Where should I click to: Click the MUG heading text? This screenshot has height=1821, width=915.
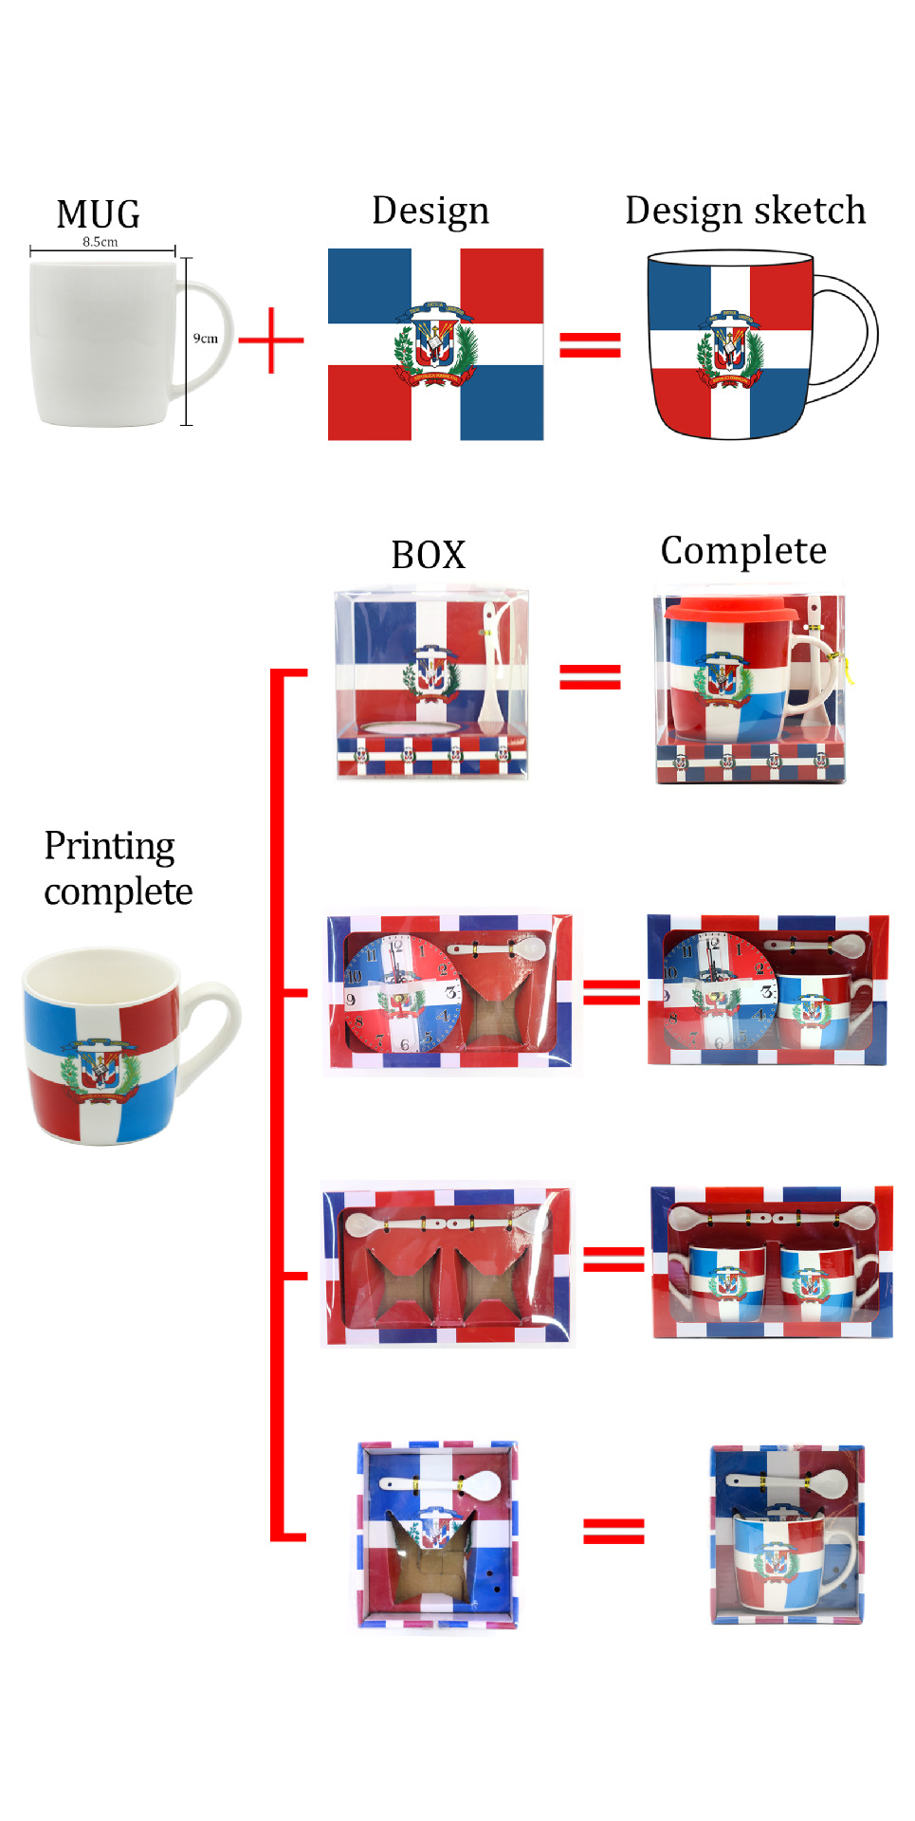pyautogui.click(x=99, y=214)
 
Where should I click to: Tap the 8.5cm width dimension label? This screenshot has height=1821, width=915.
pyautogui.click(x=101, y=242)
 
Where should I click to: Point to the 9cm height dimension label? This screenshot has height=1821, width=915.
pyautogui.click(x=206, y=339)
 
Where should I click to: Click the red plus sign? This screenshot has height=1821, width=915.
pyautogui.click(x=271, y=340)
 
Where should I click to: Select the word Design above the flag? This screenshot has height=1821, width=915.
pyautogui.click(x=430, y=211)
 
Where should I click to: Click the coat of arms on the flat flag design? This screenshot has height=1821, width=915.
pyautogui.click(x=435, y=344)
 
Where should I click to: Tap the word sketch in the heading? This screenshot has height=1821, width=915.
pyautogui.click(x=811, y=211)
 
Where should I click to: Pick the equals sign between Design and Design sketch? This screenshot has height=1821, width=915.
pyautogui.click(x=590, y=344)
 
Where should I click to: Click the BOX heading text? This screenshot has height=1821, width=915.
pyautogui.click(x=429, y=555)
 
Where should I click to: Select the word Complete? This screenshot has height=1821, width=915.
pyautogui.click(x=743, y=551)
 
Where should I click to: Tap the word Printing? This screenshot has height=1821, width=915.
pyautogui.click(x=110, y=846)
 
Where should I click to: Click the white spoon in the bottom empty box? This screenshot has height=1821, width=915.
pyautogui.click(x=440, y=1483)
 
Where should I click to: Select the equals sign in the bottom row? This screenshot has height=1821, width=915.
pyautogui.click(x=613, y=1531)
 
